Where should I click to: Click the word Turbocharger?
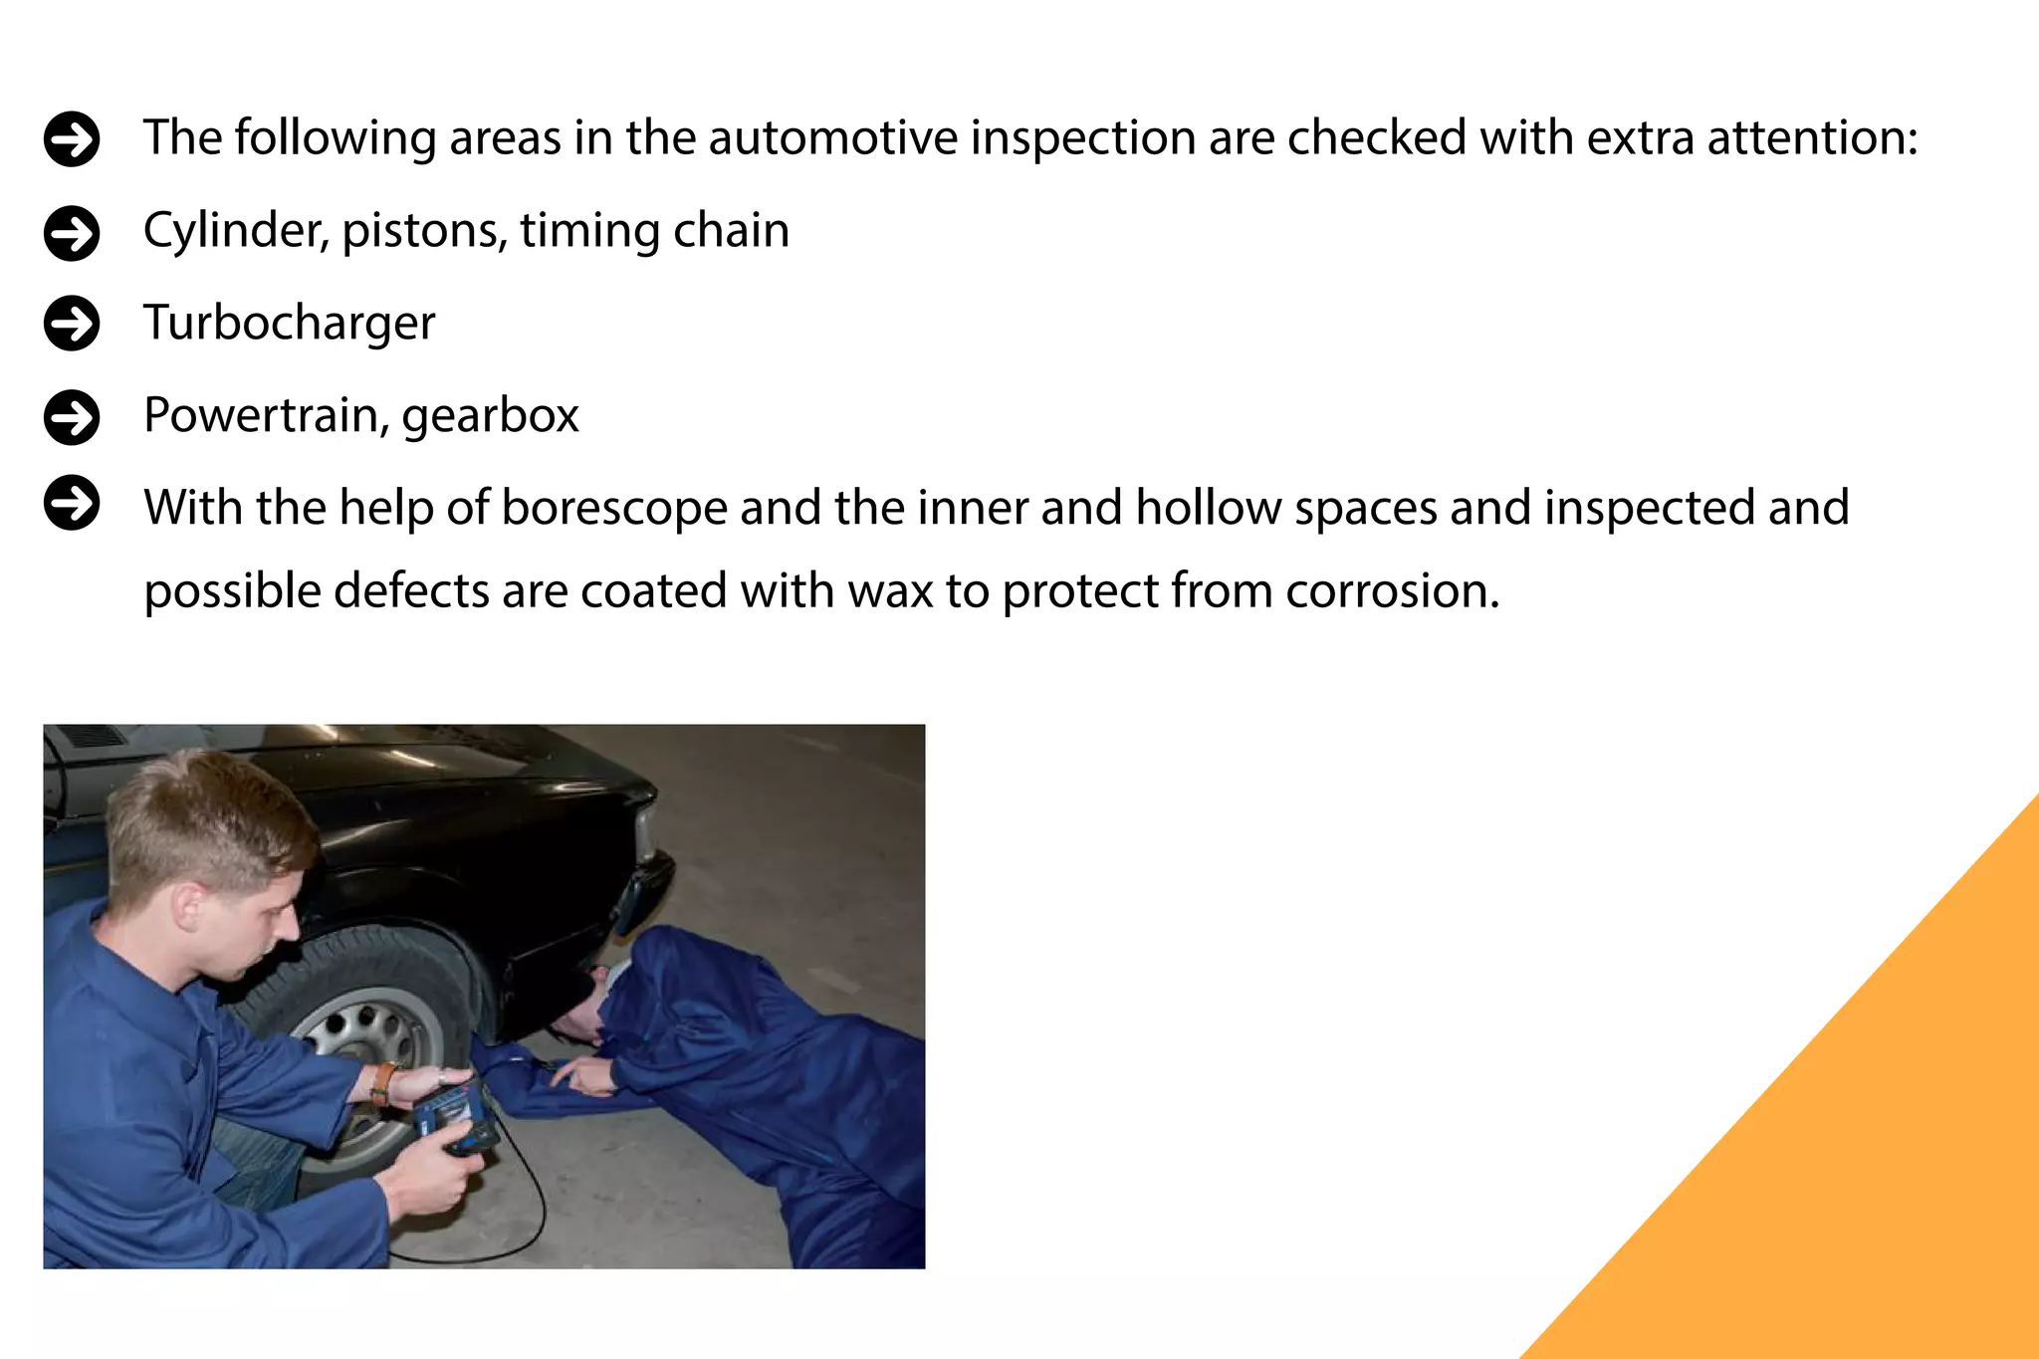coord(289,323)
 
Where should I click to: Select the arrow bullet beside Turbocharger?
coord(72,324)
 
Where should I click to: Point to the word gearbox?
coord(490,415)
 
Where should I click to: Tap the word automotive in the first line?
coord(832,137)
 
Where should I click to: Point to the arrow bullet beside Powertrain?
coord(72,416)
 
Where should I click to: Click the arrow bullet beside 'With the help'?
coord(72,503)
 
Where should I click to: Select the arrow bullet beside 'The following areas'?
coord(72,138)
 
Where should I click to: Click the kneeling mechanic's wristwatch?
coord(382,1084)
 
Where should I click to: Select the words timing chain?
coord(654,231)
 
